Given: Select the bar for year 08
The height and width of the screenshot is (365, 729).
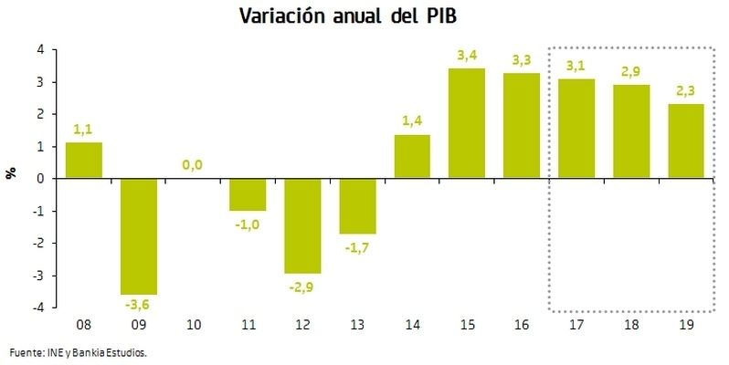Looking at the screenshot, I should pos(83,161).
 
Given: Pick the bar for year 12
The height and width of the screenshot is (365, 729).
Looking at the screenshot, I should pos(302,225).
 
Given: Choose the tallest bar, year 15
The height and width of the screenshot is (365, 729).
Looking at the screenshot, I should pos(467,123).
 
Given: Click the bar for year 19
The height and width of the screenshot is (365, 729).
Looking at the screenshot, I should pos(686,141).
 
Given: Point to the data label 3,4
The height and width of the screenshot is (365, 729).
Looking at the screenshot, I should pos(467,56).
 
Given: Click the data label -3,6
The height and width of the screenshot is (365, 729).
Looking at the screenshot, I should pos(137,304).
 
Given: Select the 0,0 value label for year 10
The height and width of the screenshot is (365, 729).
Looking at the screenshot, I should pos(193,165).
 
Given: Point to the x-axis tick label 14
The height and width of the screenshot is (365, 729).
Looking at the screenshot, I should pos(412,325).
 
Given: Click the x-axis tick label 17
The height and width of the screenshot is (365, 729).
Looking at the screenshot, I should pos(576,325).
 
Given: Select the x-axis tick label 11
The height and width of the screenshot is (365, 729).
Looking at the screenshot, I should pos(248,325).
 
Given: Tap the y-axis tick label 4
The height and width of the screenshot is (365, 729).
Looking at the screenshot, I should pos(40,50).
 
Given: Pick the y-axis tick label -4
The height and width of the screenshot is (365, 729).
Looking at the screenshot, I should pos(38,308).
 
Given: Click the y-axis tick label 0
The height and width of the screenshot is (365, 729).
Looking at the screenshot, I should pos(40,179).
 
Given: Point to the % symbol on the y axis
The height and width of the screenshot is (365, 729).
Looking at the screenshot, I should pos(12,172).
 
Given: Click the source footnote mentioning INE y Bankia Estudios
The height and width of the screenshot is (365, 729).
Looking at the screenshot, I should pos(78,351).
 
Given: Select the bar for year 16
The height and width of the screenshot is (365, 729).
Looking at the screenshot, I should pos(522,126).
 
